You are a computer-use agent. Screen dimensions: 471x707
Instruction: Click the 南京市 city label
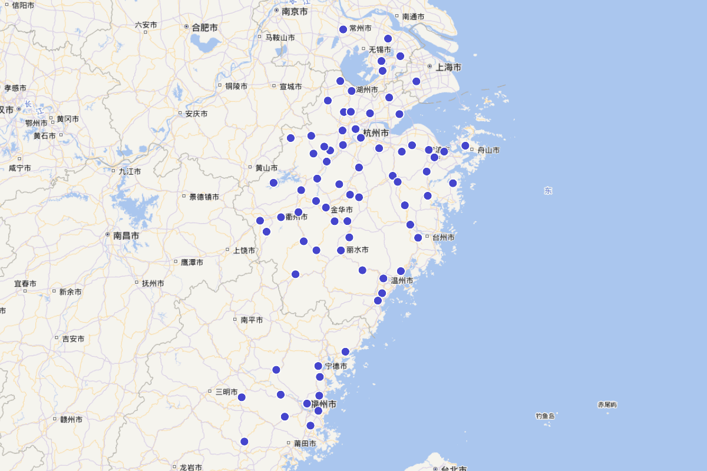(295, 11)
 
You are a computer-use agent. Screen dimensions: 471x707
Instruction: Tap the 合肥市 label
(204, 27)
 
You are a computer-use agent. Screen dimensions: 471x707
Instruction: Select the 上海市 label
(448, 67)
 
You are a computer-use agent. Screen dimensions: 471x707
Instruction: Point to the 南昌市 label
(126, 235)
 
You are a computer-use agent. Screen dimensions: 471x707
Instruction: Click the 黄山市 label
(266, 168)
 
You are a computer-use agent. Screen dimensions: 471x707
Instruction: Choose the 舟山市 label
(488, 150)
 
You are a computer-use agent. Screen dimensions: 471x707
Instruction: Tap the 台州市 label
(443, 237)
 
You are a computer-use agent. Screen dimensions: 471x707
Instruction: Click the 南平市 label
(252, 320)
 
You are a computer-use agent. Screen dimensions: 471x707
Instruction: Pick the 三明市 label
(226, 392)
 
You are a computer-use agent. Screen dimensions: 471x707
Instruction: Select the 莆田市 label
(305, 443)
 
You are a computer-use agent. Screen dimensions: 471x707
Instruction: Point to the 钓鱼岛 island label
(545, 416)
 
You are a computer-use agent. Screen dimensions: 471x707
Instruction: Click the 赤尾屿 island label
(607, 404)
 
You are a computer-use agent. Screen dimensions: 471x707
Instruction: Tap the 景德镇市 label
(204, 197)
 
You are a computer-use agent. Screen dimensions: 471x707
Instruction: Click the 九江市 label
(130, 171)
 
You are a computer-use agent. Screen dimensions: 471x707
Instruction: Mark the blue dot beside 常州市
(343, 29)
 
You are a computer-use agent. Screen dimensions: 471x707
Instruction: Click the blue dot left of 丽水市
(341, 250)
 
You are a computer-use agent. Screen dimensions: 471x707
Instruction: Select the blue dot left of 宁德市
(318, 366)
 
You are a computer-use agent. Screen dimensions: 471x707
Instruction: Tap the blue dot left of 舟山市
(465, 145)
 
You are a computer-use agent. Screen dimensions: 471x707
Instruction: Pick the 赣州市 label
(71, 420)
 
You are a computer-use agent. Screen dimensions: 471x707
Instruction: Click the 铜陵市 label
(236, 86)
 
